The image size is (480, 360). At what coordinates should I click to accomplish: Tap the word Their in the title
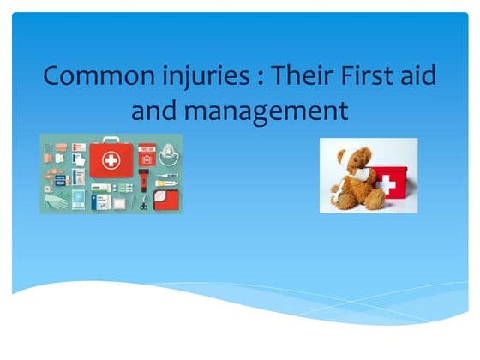(x=300, y=76)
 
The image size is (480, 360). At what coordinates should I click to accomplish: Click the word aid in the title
(x=419, y=76)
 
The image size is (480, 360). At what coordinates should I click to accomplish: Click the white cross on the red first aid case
(x=111, y=160)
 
